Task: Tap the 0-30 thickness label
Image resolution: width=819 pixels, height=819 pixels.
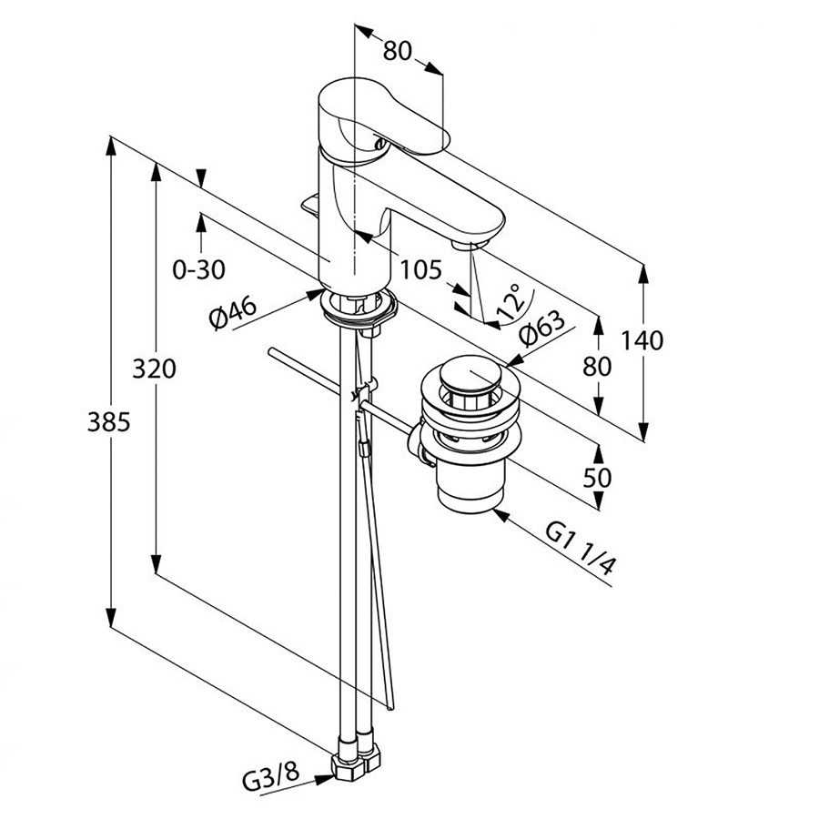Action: [198, 269]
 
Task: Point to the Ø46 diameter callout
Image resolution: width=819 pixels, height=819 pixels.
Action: [231, 314]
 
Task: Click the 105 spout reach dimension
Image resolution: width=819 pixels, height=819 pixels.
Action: [420, 269]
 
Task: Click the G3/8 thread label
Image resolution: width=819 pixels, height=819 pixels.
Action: [270, 781]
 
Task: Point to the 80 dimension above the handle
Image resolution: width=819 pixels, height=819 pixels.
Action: [398, 51]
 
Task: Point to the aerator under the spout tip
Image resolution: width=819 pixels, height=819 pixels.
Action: [469, 243]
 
